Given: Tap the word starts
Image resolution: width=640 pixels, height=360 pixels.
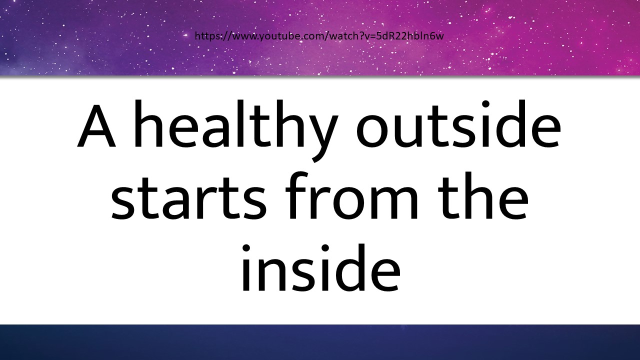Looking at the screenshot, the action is click(x=189, y=195).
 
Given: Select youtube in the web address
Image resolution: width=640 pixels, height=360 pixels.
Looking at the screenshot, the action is click(x=279, y=36).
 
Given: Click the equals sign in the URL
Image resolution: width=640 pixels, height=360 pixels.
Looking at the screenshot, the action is click(x=373, y=36).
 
